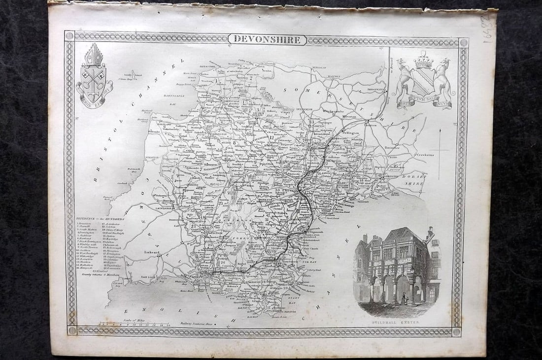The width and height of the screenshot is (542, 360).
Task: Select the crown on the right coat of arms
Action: click(x=423, y=62)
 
